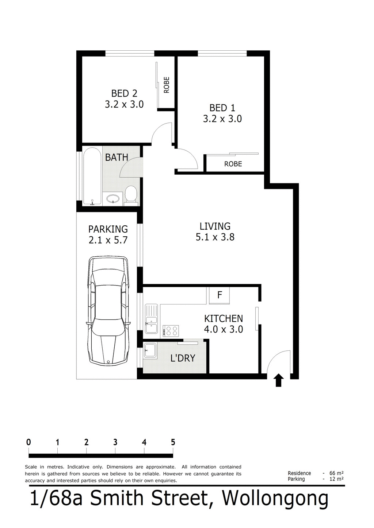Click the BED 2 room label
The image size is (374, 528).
[x=124, y=94]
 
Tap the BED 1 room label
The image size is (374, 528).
[x=222, y=108]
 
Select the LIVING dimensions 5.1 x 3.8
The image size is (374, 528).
[x=215, y=237]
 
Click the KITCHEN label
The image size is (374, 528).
[x=223, y=318]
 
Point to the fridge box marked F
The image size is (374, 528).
[x=220, y=295]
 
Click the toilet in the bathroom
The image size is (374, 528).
[x=130, y=194]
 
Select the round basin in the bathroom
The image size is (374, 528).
[x=113, y=199]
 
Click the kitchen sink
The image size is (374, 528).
[x=151, y=319]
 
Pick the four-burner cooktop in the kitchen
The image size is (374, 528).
[x=172, y=331]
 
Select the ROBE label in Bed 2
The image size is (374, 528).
[x=167, y=85]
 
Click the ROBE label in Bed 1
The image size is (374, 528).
[x=233, y=164]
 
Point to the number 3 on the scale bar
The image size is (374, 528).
[x=115, y=442]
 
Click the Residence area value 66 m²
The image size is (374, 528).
[x=336, y=473]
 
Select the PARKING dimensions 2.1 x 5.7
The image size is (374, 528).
[x=108, y=240]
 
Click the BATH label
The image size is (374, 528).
[x=117, y=158]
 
